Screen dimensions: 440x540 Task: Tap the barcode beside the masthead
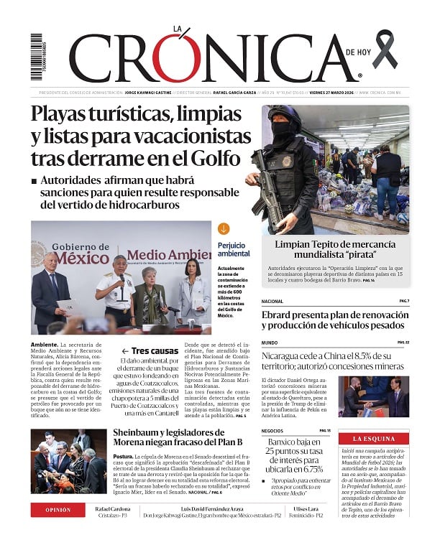pyautogui.click(x=36, y=57)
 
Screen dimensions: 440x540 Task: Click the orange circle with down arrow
pyautogui.click(x=224, y=229)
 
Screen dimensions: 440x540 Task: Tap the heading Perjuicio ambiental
pyautogui.click(x=234, y=249)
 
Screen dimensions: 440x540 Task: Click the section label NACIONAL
pyautogui.click(x=272, y=301)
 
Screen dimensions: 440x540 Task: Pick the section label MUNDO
pyautogui.click(x=269, y=343)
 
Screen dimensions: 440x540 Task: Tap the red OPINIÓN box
pyautogui.click(x=58, y=510)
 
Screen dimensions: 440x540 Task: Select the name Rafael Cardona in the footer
pyautogui.click(x=114, y=508)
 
